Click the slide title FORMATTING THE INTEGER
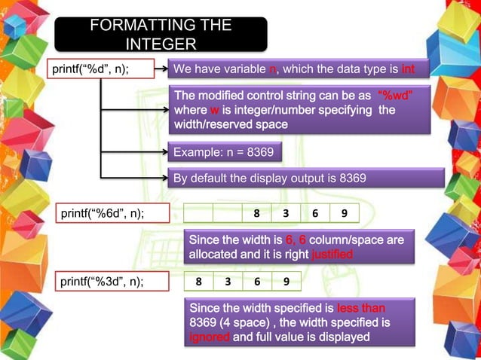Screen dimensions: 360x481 pyautogui.click(x=161, y=34)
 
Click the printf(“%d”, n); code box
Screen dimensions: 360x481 pyautogui.click(x=100, y=69)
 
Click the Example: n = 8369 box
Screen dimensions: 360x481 pyautogui.click(x=223, y=153)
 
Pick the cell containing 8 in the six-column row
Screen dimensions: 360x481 pyautogui.click(x=257, y=213)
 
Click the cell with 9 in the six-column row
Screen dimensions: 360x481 pyautogui.click(x=345, y=213)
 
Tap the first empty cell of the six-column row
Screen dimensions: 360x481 pyautogui.click(x=198, y=213)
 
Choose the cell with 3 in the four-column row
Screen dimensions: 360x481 pyautogui.click(x=228, y=282)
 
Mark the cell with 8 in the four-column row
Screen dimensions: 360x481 pyautogui.click(x=198, y=282)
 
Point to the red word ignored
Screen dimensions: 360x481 pyautogui.click(x=210, y=337)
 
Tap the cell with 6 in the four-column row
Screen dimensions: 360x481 pyautogui.click(x=257, y=282)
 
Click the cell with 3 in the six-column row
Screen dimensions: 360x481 pyautogui.click(x=286, y=213)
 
